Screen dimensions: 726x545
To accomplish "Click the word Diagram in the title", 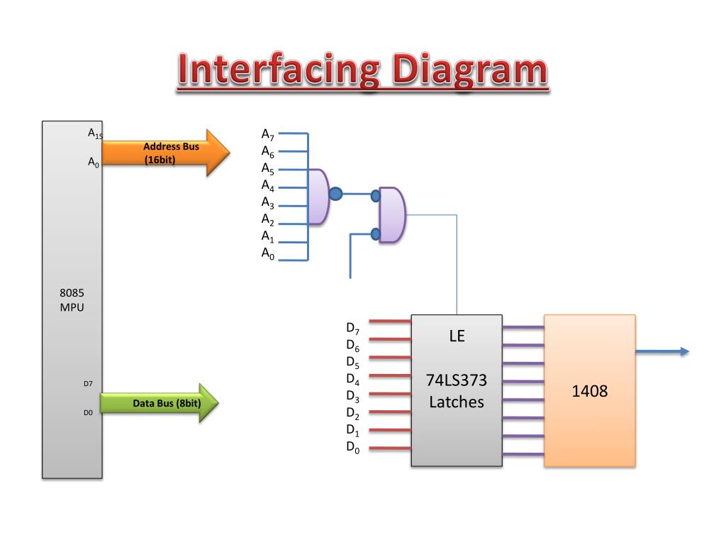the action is [470, 70].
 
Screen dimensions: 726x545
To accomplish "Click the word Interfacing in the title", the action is [279, 70].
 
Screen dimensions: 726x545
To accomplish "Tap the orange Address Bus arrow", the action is [166, 153].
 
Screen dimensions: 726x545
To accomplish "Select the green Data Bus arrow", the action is [160, 403].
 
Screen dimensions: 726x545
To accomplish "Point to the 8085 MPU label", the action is [72, 300].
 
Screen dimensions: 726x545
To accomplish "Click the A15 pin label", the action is [95, 133].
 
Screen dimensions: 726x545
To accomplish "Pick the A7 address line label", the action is [267, 134].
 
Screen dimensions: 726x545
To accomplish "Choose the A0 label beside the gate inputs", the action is [267, 253].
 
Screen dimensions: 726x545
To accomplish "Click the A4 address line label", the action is [267, 185].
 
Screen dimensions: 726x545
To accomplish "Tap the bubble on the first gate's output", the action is [335, 194].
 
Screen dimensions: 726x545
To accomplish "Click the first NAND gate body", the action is [318, 197].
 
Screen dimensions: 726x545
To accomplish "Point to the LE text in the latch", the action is [457, 336].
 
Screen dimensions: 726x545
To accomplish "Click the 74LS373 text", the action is [457, 380].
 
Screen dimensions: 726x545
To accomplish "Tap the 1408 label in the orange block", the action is [589, 391].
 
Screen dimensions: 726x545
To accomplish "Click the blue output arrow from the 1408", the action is [662, 352].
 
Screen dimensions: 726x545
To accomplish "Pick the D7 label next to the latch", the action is [353, 329].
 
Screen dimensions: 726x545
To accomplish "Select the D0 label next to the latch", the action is [353, 447].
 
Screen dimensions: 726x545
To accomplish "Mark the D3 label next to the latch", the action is [353, 396].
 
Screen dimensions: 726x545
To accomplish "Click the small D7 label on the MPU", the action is [88, 384].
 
